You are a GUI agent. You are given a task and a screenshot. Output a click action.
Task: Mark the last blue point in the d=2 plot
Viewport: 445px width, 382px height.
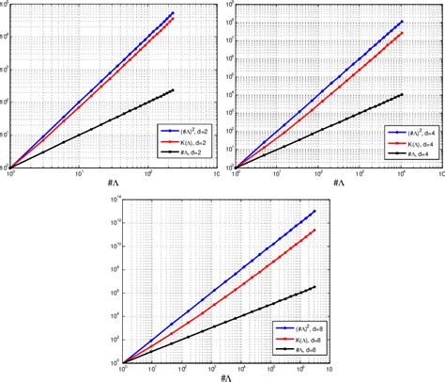[x=174, y=13]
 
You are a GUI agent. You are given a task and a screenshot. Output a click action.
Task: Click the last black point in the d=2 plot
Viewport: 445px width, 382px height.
[x=174, y=90]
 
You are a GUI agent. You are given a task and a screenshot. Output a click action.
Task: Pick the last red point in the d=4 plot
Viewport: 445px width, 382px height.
[x=403, y=33]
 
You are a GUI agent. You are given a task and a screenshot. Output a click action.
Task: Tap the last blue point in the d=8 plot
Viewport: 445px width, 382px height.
[x=314, y=211]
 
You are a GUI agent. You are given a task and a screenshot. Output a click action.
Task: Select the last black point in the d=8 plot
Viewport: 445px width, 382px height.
[x=314, y=286]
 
